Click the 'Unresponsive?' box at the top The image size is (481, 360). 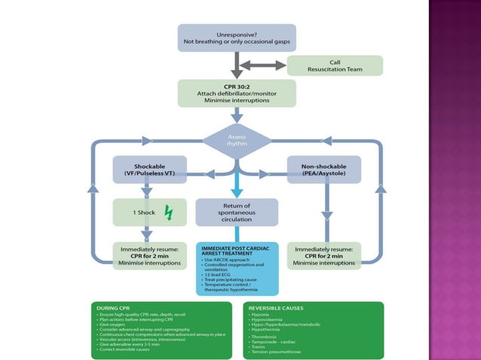coord(237,38)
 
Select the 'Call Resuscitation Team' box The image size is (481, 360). coord(334,66)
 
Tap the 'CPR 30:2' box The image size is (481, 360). coord(237,93)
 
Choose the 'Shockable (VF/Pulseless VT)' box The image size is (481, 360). coord(149,169)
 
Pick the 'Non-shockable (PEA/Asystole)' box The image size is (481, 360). coord(324,169)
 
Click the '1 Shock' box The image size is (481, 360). coord(149,212)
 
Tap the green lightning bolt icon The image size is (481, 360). coord(168,213)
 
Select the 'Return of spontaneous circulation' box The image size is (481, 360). coord(237,212)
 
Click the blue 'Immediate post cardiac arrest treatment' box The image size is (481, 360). coord(237,268)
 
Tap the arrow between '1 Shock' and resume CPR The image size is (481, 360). coord(149,233)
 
